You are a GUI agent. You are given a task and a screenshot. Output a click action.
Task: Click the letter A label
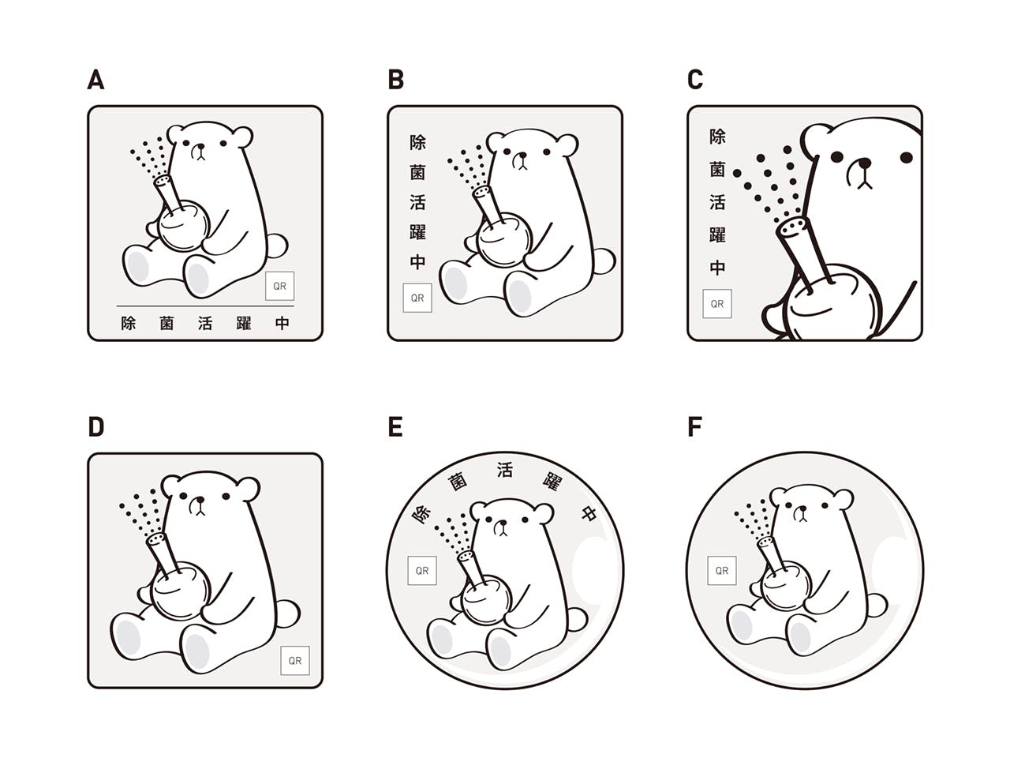pyautogui.click(x=95, y=79)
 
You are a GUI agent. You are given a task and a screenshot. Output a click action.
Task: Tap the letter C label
pyautogui.click(x=695, y=79)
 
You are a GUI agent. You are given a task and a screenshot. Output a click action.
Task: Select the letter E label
pyautogui.click(x=395, y=426)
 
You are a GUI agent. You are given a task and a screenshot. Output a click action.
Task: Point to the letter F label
pyautogui.click(x=694, y=426)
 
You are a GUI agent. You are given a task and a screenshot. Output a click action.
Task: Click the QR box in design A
pyautogui.click(x=279, y=286)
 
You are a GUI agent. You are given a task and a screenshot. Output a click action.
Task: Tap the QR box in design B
pyautogui.click(x=417, y=298)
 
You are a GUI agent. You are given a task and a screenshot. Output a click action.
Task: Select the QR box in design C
pyautogui.click(x=717, y=304)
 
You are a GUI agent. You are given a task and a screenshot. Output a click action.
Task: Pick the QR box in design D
pyautogui.click(x=295, y=660)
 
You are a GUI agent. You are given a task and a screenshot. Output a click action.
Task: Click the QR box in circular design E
pyautogui.click(x=422, y=571)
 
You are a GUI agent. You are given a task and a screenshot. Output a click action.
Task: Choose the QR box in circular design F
pyautogui.click(x=721, y=571)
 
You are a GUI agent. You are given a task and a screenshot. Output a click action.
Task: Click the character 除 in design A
pyautogui.click(x=129, y=323)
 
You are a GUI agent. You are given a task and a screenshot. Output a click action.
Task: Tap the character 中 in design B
pyautogui.click(x=417, y=262)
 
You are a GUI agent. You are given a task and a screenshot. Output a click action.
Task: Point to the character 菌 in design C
pyautogui.click(x=717, y=169)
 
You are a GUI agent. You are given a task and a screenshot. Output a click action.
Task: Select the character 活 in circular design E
pyautogui.click(x=504, y=471)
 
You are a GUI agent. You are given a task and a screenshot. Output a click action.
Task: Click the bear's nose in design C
pyautogui.click(x=865, y=163)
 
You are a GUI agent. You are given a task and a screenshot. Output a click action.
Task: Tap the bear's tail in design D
pyautogui.click(x=287, y=614)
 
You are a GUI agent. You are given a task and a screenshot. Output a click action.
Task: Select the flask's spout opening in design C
pyautogui.click(x=792, y=227)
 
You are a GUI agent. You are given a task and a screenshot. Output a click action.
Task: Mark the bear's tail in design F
pyautogui.click(x=877, y=605)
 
